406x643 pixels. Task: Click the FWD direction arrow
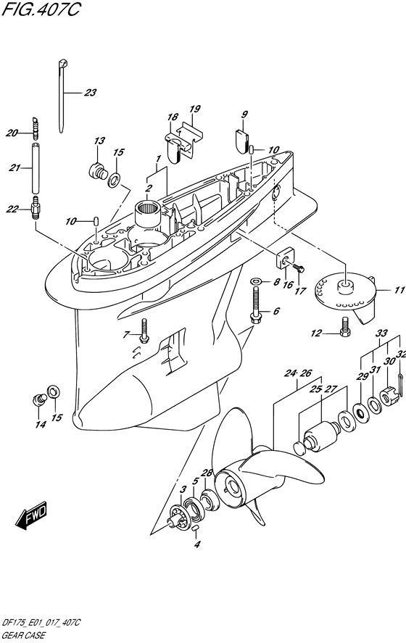click(x=32, y=515)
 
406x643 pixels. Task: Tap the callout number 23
click(x=90, y=93)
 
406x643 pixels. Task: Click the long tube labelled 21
click(x=36, y=167)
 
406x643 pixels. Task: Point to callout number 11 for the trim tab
click(x=399, y=291)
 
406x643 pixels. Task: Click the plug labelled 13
click(x=98, y=170)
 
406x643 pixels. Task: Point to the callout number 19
click(x=195, y=109)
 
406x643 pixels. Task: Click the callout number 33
click(x=381, y=333)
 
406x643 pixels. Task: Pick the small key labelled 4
click(x=196, y=528)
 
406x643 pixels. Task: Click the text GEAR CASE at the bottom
click(x=24, y=636)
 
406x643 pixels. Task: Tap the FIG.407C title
click(x=40, y=9)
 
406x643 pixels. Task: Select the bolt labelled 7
click(x=144, y=331)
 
